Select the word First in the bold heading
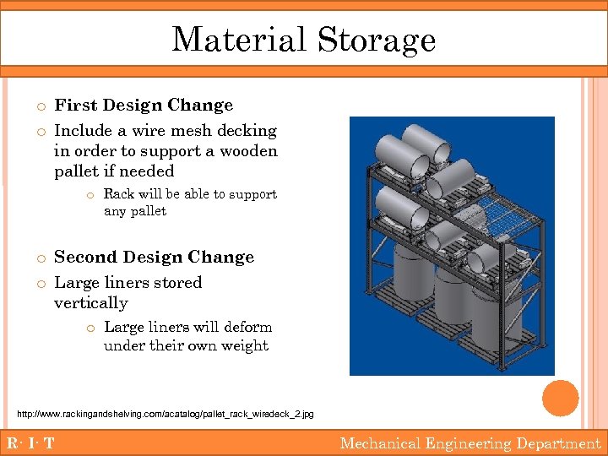[x=73, y=106]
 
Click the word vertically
[x=91, y=303]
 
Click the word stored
[x=174, y=283]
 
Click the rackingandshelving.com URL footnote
[x=166, y=414]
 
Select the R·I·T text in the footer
[x=30, y=443]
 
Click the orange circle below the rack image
[x=561, y=398]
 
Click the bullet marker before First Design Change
[x=41, y=106]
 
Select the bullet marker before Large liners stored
[x=41, y=284]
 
